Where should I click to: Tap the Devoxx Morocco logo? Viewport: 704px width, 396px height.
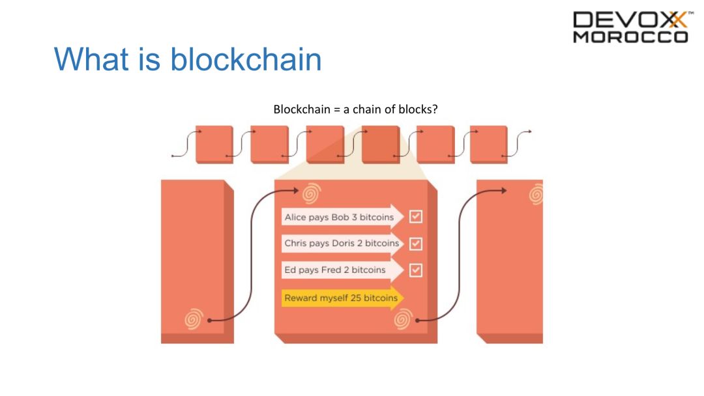630,27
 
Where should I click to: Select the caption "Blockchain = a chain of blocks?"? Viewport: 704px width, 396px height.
355,109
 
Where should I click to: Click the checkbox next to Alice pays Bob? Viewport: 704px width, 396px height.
416,217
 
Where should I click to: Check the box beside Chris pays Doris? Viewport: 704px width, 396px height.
416,244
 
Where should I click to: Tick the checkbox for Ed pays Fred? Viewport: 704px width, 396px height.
416,270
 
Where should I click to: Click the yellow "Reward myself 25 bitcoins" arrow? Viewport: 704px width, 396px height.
343,298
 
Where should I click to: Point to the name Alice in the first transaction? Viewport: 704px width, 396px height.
295,217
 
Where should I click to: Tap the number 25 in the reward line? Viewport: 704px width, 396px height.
354,298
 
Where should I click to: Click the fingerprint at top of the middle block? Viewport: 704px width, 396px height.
312,193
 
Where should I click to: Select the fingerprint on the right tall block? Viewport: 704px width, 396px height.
536,193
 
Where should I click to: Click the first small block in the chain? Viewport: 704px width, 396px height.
214,144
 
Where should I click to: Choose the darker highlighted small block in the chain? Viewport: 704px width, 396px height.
381,144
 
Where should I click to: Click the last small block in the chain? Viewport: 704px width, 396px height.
488,144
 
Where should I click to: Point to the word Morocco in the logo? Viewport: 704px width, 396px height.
630,37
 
